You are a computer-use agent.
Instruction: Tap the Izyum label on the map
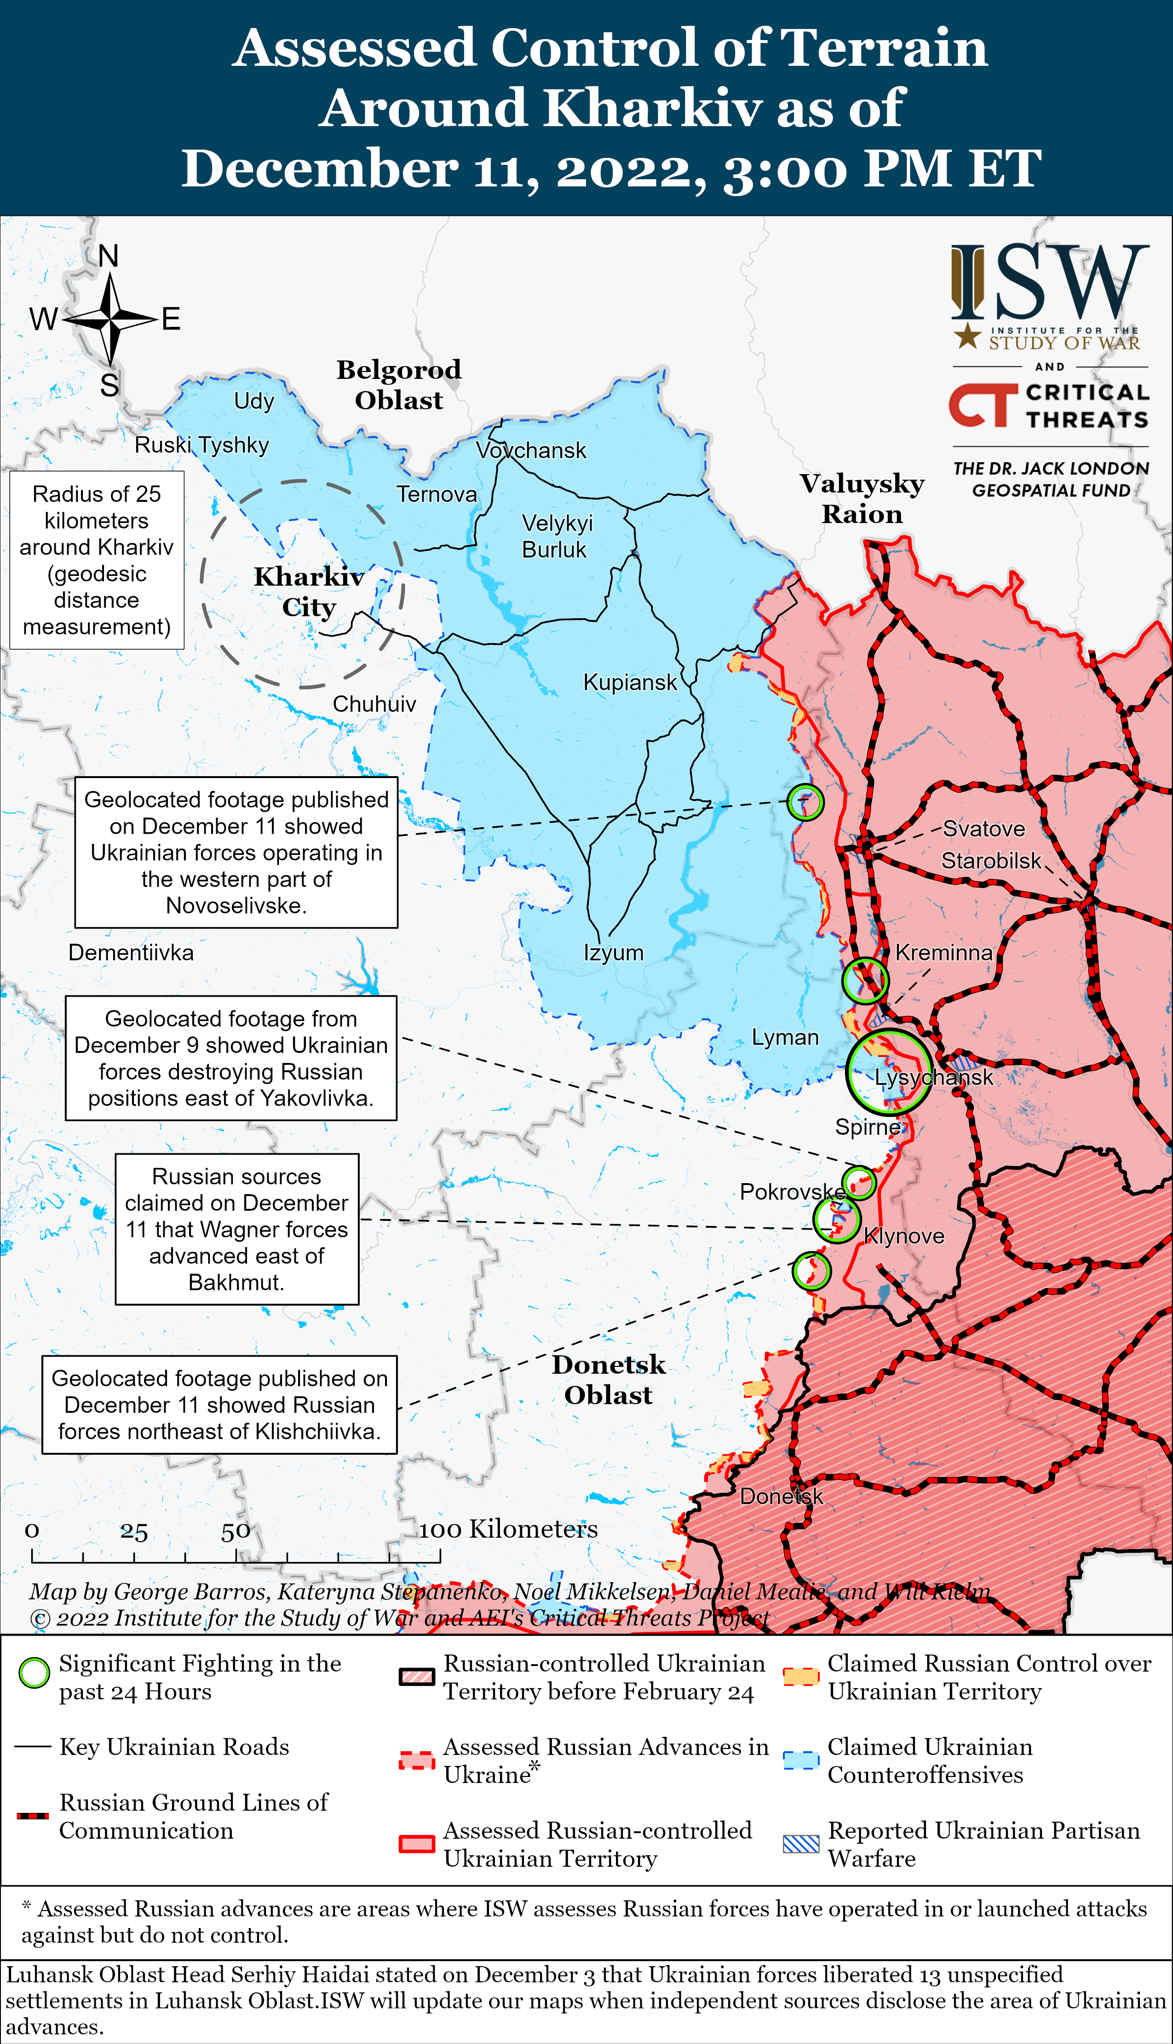pyautogui.click(x=613, y=952)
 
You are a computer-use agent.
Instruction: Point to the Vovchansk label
pyautogui.click(x=531, y=451)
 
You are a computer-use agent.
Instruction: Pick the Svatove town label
pyautogui.click(x=983, y=829)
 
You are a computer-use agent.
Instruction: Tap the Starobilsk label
pyautogui.click(x=991, y=861)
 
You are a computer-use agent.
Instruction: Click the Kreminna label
pyautogui.click(x=943, y=952)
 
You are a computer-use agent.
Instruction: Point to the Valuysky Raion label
pyautogui.click(x=862, y=498)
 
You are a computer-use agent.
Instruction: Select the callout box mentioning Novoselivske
pyautogui.click(x=236, y=852)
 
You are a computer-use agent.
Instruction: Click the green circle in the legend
pyautogui.click(x=34, y=1674)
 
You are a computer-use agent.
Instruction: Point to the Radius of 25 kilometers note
pyautogui.click(x=97, y=560)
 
